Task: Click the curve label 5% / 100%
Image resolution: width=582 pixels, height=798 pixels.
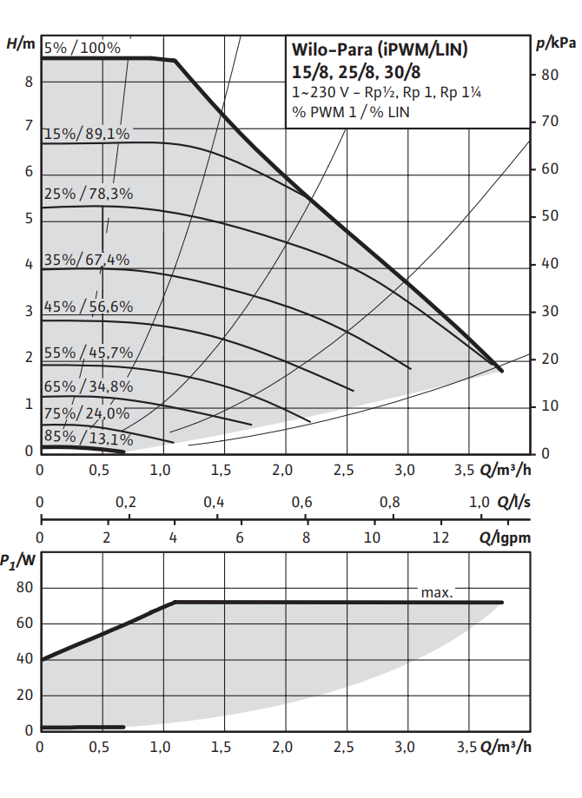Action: [83, 48]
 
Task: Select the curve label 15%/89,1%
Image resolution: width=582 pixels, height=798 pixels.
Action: [86, 134]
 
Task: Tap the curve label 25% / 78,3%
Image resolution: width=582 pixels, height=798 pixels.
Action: [88, 194]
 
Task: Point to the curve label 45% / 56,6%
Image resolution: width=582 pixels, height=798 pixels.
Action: [88, 306]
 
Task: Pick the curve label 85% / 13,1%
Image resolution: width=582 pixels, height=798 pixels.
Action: [88, 439]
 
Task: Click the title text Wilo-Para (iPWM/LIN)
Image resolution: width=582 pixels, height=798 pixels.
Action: [380, 50]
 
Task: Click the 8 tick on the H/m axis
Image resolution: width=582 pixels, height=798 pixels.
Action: [29, 82]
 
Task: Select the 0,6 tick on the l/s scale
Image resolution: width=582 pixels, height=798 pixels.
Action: [301, 503]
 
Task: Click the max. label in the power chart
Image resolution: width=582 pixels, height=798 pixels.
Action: [437, 592]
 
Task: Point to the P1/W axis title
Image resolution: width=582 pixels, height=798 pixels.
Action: [18, 561]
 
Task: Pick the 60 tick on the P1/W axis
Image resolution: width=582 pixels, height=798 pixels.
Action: [23, 623]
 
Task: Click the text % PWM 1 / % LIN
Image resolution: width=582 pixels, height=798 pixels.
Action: [351, 112]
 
